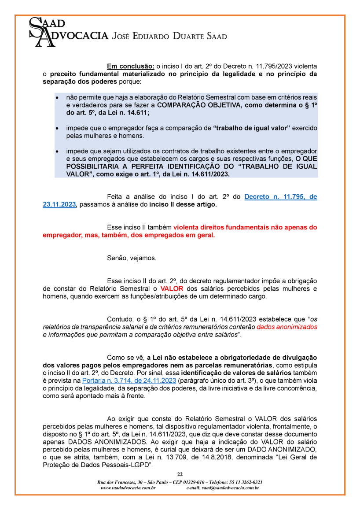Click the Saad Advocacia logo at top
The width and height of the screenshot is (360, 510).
[x=68, y=31]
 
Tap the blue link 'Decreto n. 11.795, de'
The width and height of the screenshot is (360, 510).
[x=280, y=197]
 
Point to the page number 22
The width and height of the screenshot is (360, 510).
[x=180, y=474]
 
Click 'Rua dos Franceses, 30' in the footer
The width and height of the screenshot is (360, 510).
[x=119, y=482]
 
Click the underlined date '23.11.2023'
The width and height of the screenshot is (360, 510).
[x=59, y=205]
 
